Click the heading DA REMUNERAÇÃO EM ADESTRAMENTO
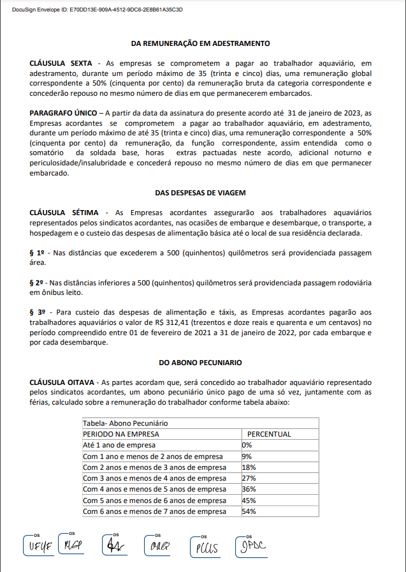(200, 43)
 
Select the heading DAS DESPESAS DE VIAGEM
(200, 192)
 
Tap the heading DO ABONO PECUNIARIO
(200, 363)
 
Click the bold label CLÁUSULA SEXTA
(61, 65)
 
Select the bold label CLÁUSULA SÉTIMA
(62, 212)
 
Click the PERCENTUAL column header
(269, 434)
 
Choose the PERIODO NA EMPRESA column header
(122, 434)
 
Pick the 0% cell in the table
(247, 445)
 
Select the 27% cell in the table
(249, 478)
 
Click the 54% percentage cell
(249, 511)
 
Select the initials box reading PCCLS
(206, 547)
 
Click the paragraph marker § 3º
(38, 312)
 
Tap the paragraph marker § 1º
(38, 253)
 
